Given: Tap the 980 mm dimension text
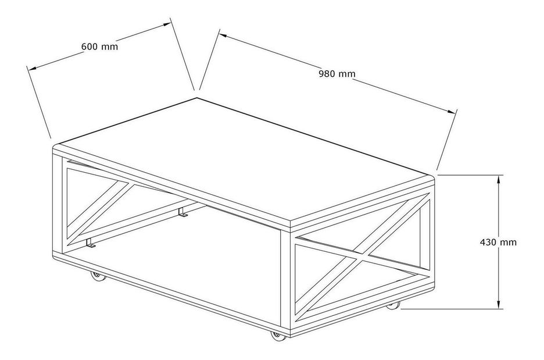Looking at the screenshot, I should point(337,74).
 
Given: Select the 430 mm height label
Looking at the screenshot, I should point(499,242).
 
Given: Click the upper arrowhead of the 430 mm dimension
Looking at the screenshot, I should point(499,179).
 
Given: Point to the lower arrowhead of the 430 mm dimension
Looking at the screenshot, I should point(499,305).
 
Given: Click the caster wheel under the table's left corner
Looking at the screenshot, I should point(98,277).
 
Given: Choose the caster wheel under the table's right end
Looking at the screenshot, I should point(393,305).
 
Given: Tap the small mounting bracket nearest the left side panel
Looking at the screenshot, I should point(90,244).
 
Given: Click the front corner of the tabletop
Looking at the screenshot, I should point(289,224).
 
